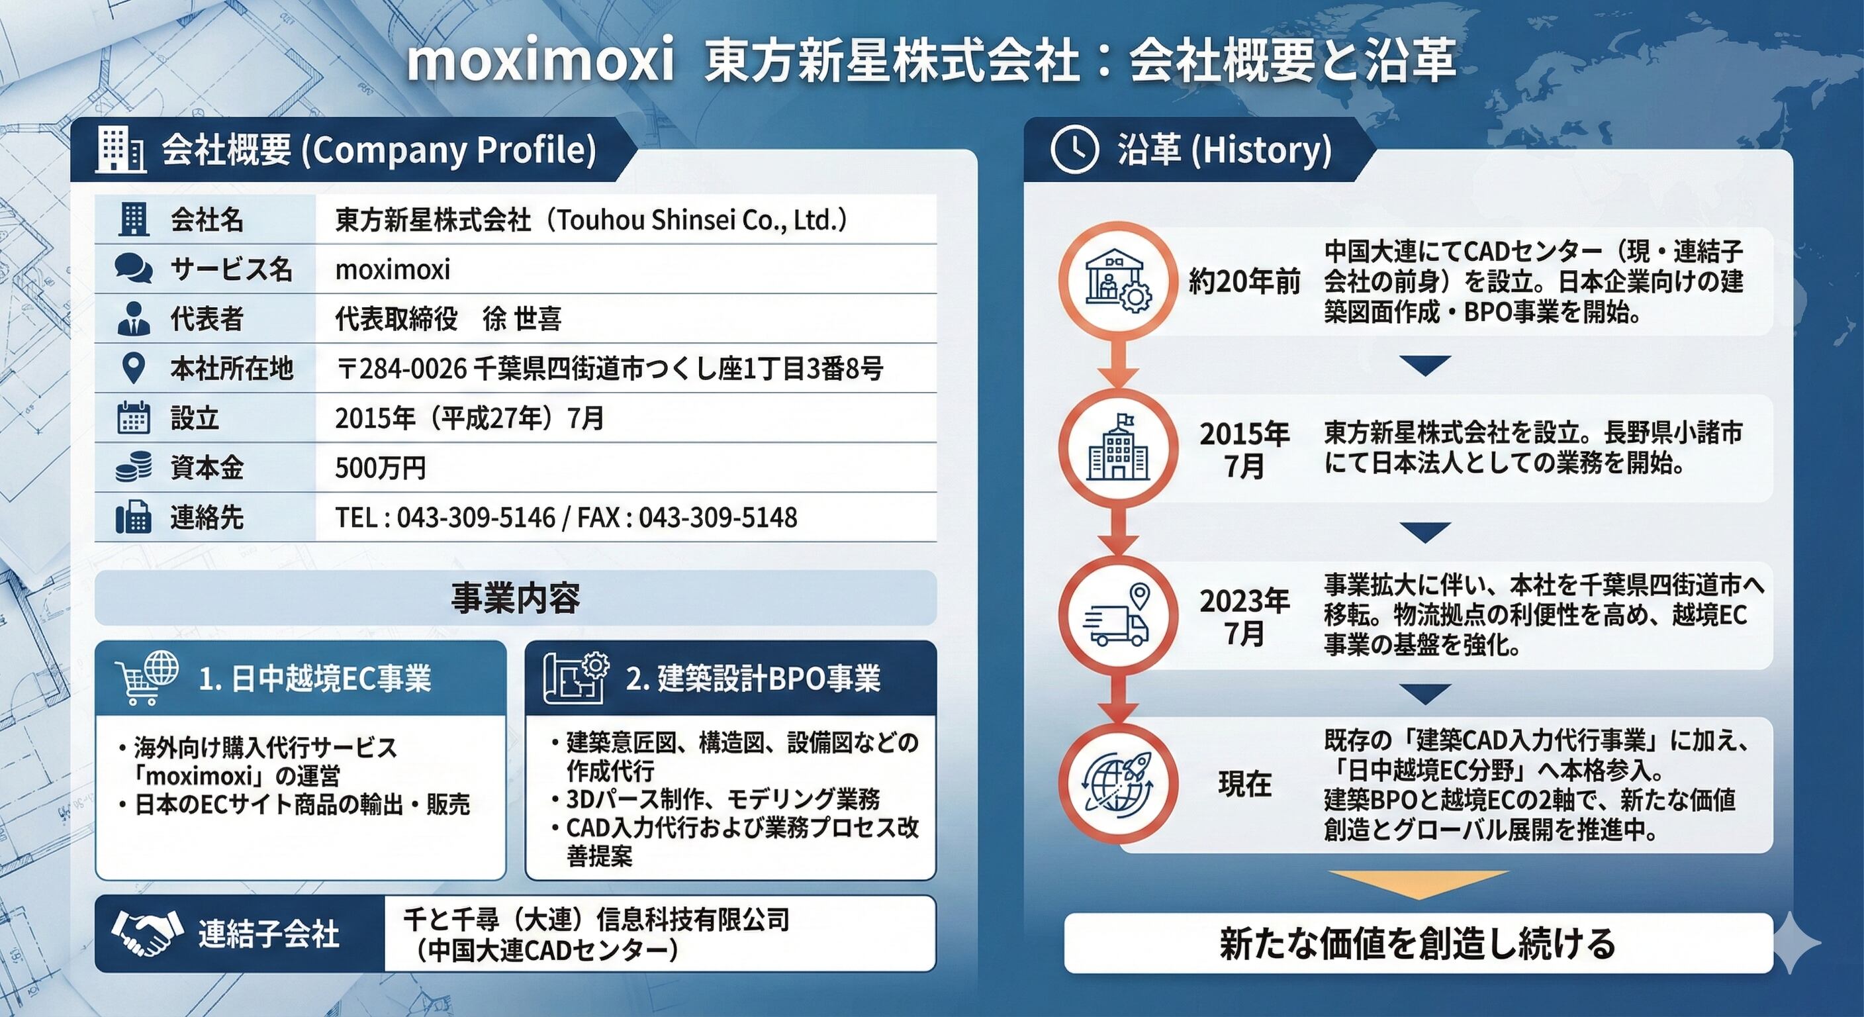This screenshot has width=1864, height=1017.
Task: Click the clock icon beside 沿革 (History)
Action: [x=1074, y=150]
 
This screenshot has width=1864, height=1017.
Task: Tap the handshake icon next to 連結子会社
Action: [x=142, y=933]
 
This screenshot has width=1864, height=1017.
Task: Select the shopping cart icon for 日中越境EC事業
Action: [x=147, y=677]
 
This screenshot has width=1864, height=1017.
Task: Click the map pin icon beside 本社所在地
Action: [x=133, y=368]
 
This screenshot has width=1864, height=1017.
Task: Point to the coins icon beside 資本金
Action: [x=134, y=467]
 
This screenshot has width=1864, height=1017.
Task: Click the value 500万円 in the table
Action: [x=381, y=468]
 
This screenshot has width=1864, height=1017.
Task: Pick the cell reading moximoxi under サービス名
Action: [x=393, y=269]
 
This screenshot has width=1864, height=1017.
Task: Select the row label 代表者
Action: [x=207, y=318]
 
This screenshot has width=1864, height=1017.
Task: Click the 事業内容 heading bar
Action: [x=515, y=598]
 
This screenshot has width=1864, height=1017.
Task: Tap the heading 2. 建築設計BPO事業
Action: [x=753, y=679]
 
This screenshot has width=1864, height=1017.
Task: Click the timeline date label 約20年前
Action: [x=1244, y=281]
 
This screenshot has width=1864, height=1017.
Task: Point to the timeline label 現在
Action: [x=1244, y=784]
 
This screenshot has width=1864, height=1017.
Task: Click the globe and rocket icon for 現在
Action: [x=1117, y=784]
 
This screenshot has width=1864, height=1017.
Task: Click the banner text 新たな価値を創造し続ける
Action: [x=1418, y=943]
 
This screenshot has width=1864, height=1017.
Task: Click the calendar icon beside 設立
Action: [x=134, y=418]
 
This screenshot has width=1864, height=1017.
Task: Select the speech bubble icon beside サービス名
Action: [x=134, y=269]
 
